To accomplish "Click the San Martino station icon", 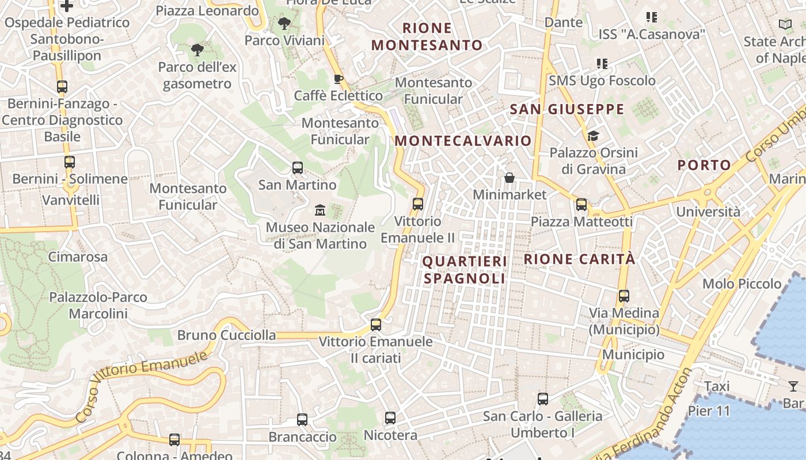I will (298, 168).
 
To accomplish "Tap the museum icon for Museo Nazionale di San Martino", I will (320, 210).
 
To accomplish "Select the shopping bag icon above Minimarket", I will (510, 178).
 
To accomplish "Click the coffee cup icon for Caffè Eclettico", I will (339, 79).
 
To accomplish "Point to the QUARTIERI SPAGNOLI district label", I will (465, 270).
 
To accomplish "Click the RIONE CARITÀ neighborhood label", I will (579, 259).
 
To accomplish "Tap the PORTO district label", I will (704, 166).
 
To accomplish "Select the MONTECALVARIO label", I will (463, 141).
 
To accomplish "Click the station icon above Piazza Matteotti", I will (581, 204).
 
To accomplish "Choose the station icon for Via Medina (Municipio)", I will (624, 296).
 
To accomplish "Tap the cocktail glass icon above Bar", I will (793, 386).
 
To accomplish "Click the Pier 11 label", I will (709, 411).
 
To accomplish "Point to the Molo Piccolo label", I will (742, 283).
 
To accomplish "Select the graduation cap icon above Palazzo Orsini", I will (593, 136).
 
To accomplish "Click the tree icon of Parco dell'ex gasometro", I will (197, 50).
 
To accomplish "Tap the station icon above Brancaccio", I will (302, 420).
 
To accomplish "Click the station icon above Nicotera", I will (390, 418).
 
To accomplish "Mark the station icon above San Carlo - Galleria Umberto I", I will (542, 399).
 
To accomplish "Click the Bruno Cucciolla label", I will (226, 335).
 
